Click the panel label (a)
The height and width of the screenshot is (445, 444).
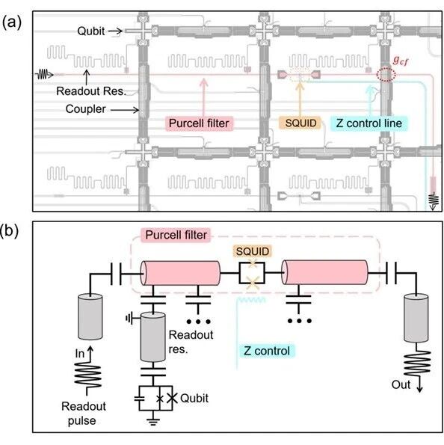(x=12, y=22)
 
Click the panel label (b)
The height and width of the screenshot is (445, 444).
(x=10, y=231)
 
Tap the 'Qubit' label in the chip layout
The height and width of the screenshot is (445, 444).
(x=90, y=31)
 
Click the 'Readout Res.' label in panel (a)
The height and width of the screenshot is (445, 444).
(x=91, y=91)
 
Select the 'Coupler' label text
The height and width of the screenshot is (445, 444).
(x=85, y=109)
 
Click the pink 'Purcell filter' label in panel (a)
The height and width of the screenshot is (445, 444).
(x=199, y=123)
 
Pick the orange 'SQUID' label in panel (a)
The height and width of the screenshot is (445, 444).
(x=300, y=123)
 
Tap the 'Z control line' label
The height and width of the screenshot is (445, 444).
(x=369, y=123)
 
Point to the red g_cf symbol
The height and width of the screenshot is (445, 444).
(x=401, y=60)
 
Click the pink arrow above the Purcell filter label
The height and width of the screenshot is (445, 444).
(x=203, y=97)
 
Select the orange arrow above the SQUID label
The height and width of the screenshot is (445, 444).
(x=300, y=99)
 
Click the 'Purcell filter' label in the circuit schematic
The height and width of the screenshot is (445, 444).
(x=176, y=235)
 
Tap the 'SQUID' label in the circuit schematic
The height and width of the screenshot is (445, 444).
(x=253, y=251)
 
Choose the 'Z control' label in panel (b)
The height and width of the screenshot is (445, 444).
(x=267, y=351)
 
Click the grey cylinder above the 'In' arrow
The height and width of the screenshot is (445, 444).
(x=90, y=316)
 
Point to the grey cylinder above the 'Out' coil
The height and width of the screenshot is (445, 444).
(x=416, y=318)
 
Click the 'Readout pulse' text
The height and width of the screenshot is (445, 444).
(x=84, y=414)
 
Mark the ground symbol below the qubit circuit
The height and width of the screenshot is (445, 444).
(x=152, y=422)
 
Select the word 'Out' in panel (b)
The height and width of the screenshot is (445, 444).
(x=401, y=385)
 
